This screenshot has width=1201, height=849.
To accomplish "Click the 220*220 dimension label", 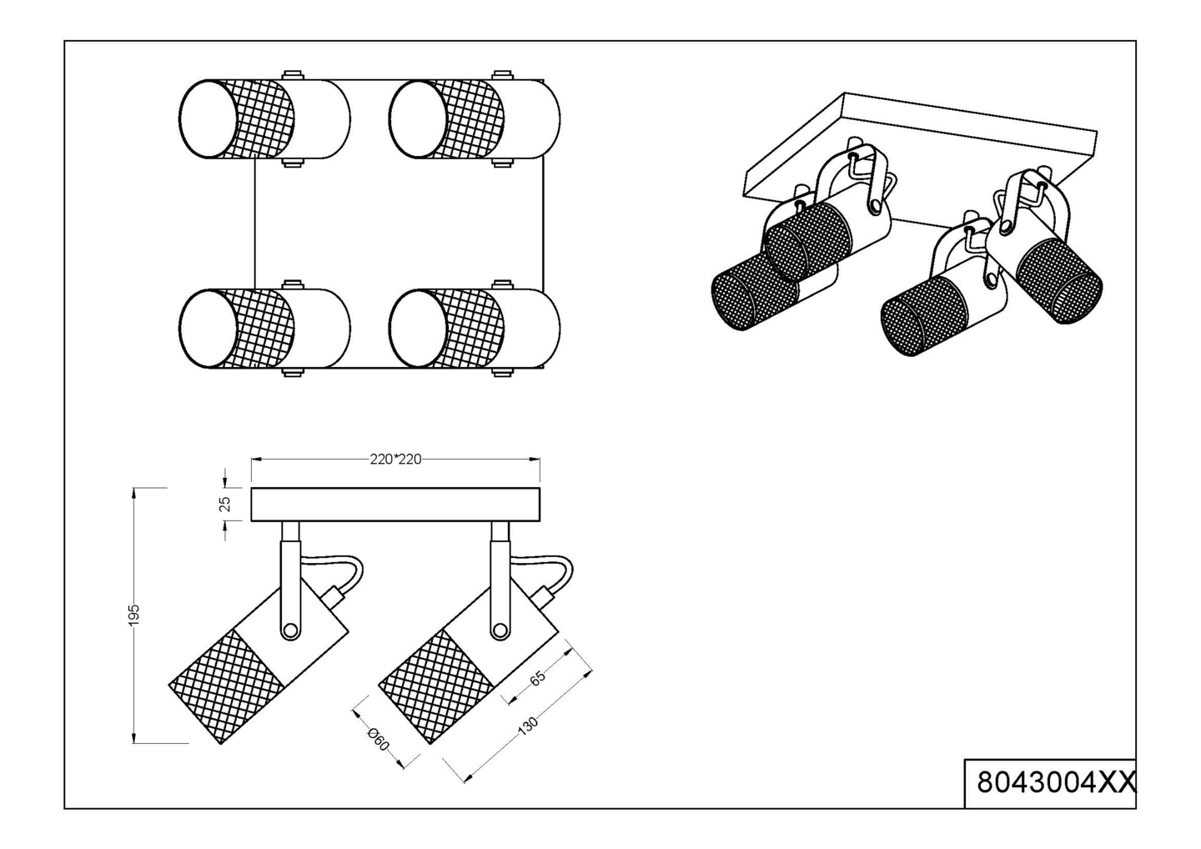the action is tap(395, 460).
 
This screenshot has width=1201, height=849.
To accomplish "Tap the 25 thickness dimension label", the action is tap(226, 504).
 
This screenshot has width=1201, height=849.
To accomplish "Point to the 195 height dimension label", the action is tap(134, 615).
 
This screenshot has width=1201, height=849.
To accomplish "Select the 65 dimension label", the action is tap(537, 677).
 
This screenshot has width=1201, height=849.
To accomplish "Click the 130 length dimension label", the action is tap(527, 726).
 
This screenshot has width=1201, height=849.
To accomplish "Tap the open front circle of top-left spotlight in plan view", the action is tap(208, 119).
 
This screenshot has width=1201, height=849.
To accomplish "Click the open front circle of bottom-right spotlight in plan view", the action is tap(418, 329).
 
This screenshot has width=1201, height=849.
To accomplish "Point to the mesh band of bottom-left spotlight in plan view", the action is tap(262, 329).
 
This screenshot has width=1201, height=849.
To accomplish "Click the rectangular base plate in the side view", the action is tap(395, 504).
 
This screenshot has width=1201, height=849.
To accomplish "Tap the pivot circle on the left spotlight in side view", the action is tap(290, 630).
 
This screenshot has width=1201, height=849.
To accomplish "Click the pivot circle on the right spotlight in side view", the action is tap(500, 630).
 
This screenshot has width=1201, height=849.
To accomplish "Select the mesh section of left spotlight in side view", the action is tap(226, 686).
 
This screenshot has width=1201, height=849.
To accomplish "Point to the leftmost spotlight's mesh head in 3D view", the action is tap(753, 292).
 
